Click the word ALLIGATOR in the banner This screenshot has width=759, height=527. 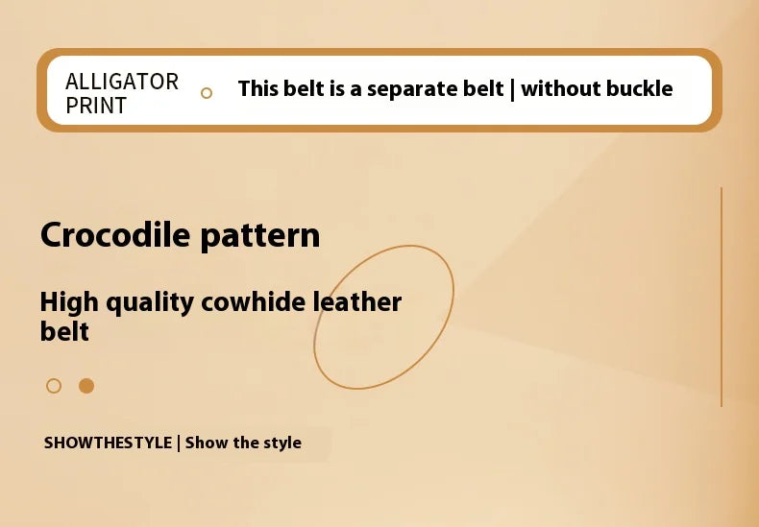[x=122, y=82]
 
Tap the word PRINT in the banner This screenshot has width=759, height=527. [x=96, y=106]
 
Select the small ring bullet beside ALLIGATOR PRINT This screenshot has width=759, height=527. [x=206, y=93]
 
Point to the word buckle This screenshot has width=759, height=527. [x=638, y=89]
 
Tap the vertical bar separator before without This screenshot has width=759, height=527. [x=512, y=89]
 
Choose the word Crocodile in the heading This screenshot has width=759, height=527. [x=114, y=235]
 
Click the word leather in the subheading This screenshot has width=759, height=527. [x=357, y=302]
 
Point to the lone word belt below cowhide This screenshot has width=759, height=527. [x=64, y=332]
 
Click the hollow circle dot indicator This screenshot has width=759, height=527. [x=54, y=386]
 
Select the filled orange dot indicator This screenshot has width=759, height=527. [x=86, y=386]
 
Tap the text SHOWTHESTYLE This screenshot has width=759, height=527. [x=108, y=443]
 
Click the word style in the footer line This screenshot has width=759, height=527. [x=281, y=443]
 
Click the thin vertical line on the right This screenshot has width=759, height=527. [x=721, y=298]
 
